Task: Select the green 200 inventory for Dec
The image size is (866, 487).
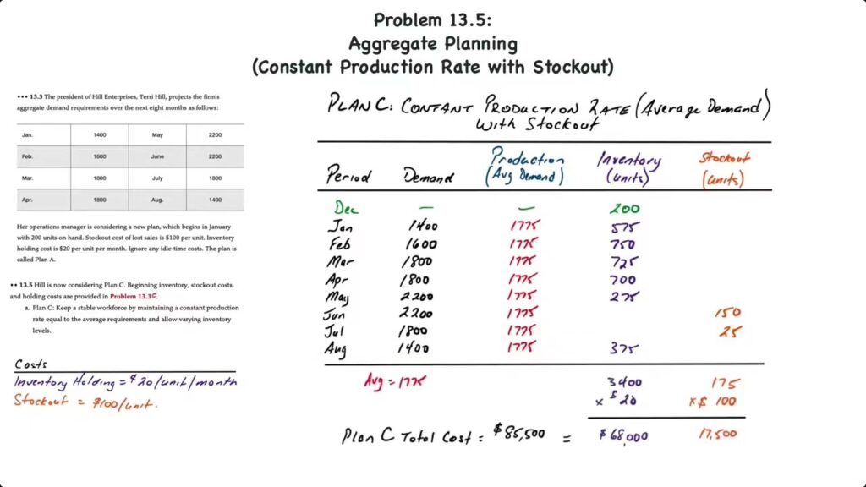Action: (624, 209)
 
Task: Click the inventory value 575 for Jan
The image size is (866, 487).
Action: (625, 227)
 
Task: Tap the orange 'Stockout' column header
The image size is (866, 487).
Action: (724, 158)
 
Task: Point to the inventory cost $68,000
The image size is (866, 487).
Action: (623, 435)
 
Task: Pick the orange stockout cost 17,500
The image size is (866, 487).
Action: (718, 434)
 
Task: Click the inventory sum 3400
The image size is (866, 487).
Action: (625, 383)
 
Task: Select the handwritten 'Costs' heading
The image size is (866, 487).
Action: (32, 364)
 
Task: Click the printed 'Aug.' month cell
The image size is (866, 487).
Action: (157, 200)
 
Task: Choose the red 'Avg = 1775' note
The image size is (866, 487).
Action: (395, 381)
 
